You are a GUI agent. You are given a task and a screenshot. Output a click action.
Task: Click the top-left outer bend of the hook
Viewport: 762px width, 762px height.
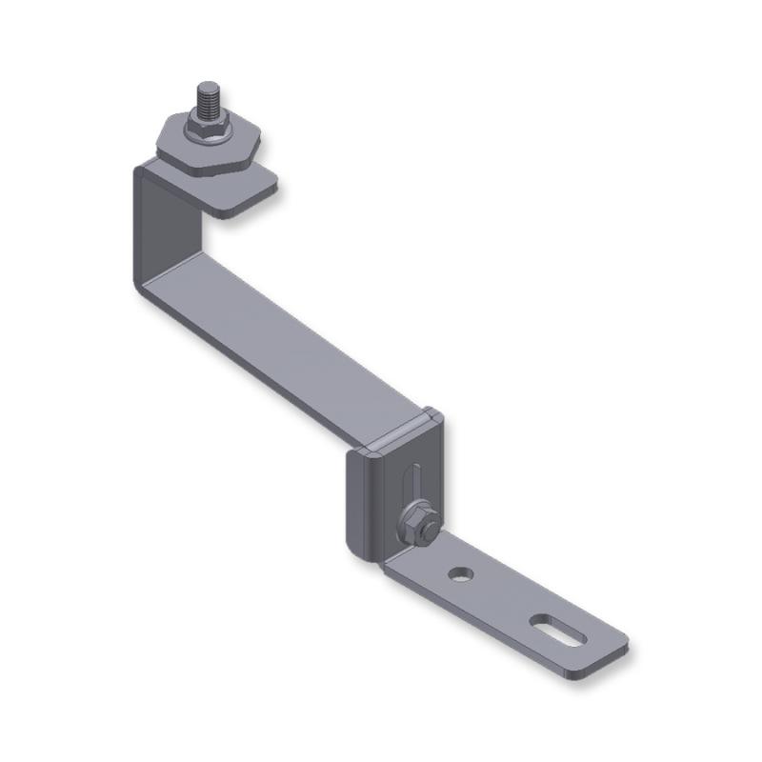click(140, 171)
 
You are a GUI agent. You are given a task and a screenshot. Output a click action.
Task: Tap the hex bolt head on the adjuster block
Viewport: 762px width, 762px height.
click(418, 523)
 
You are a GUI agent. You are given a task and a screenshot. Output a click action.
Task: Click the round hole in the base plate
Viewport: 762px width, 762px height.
click(461, 574)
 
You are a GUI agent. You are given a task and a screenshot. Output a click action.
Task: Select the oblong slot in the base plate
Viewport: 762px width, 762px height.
click(557, 630)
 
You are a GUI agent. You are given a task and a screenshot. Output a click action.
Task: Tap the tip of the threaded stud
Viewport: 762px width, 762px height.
click(209, 86)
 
